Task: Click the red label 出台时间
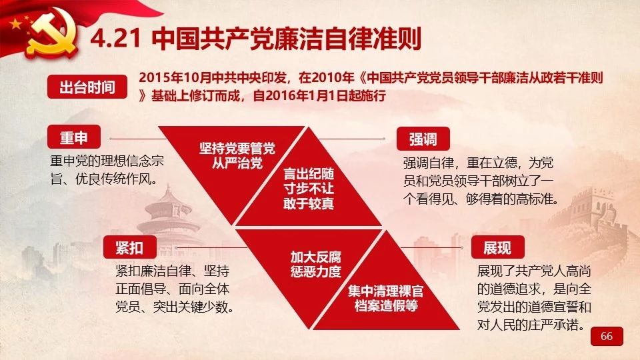87,87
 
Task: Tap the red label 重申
74,137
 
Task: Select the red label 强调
423,139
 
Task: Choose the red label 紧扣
130,247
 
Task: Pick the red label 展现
497,247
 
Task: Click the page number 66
607,336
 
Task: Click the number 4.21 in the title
115,39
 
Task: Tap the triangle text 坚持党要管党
237,148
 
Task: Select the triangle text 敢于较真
309,203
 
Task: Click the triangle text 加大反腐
315,257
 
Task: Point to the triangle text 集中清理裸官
386,291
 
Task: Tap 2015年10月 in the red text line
175,77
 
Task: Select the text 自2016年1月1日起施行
319,95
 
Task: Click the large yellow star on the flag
15,24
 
